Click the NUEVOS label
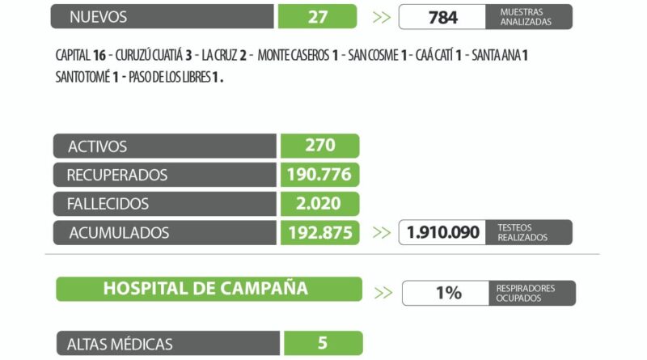[x=98, y=16]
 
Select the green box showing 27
[x=317, y=16]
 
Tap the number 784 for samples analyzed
[x=443, y=16]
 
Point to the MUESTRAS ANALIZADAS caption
[x=526, y=16]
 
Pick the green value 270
[x=320, y=146]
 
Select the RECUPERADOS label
[x=117, y=175]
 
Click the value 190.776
[x=320, y=175]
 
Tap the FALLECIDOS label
[x=108, y=204]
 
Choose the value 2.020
[x=320, y=204]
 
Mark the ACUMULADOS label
[x=119, y=233]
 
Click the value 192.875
[x=320, y=233]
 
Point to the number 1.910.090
[x=442, y=232]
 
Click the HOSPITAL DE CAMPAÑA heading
[x=205, y=289]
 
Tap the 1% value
[x=448, y=293]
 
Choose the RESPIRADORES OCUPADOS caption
[x=526, y=293]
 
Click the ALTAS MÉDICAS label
[x=121, y=344]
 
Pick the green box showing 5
[x=323, y=343]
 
